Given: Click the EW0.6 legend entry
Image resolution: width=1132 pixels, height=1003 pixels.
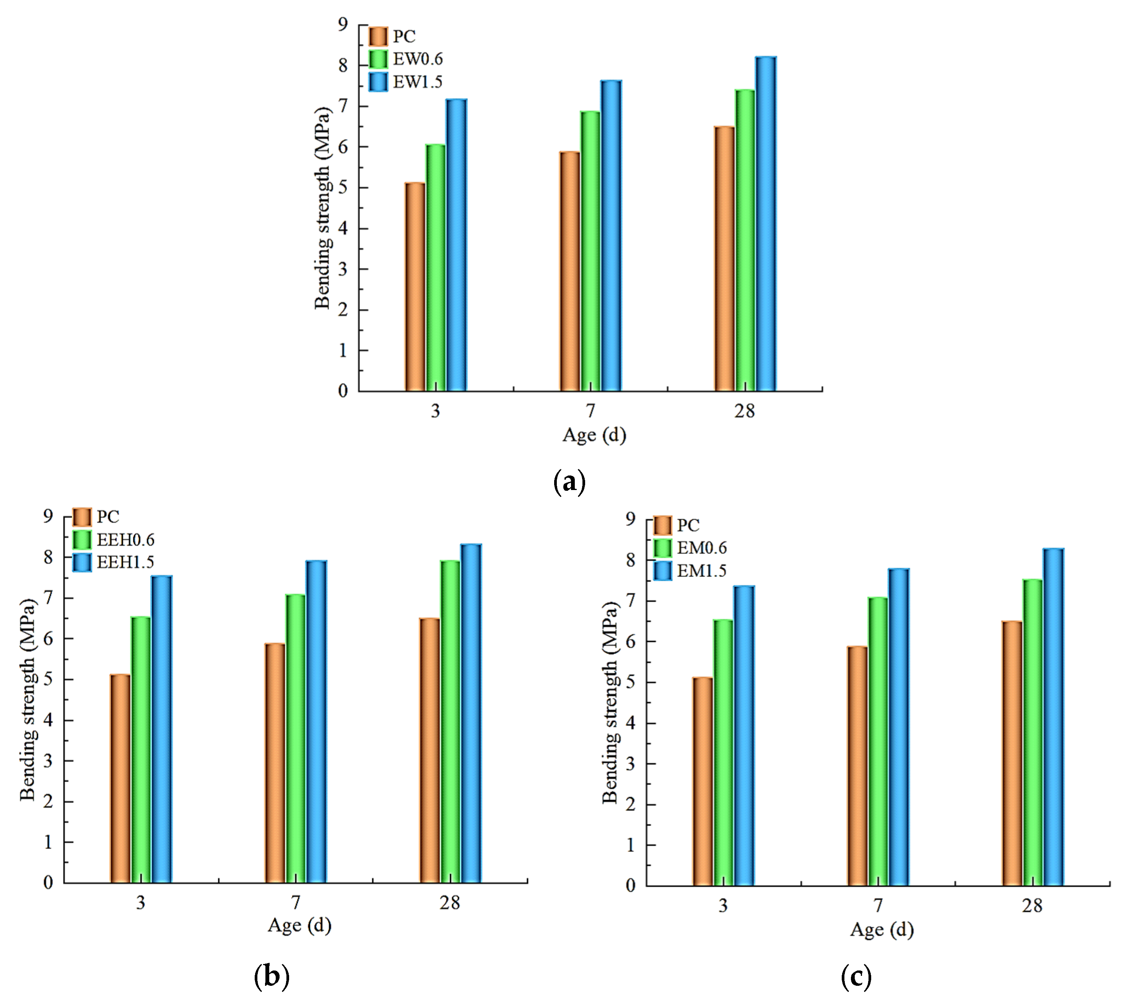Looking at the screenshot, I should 406,59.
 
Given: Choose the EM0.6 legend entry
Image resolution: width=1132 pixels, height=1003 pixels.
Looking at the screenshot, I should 690,548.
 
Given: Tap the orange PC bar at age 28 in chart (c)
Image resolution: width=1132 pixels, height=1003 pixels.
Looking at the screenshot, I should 1012,753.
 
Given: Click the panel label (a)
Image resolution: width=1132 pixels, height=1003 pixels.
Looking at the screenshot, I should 569,482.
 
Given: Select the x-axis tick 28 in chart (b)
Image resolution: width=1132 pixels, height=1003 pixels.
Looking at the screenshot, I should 450,903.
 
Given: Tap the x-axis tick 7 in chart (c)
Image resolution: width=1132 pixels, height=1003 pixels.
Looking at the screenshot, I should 878,905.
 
